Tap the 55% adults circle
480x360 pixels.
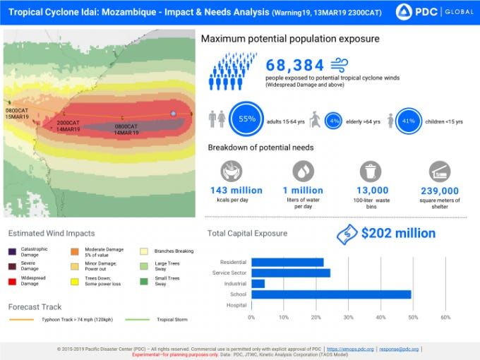click(247, 119)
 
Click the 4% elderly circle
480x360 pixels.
click(333, 121)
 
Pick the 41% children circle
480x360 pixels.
click(408, 121)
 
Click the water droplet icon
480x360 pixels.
click(303, 171)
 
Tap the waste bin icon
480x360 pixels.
click(371, 172)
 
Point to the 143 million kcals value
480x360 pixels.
click(236, 191)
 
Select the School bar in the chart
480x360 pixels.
click(331, 294)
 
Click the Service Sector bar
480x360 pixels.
click(291, 273)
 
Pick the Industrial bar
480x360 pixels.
click(258, 284)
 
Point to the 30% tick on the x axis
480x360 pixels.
click(349, 317)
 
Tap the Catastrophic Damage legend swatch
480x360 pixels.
click(13, 251)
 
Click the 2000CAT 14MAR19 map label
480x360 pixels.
click(68, 126)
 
